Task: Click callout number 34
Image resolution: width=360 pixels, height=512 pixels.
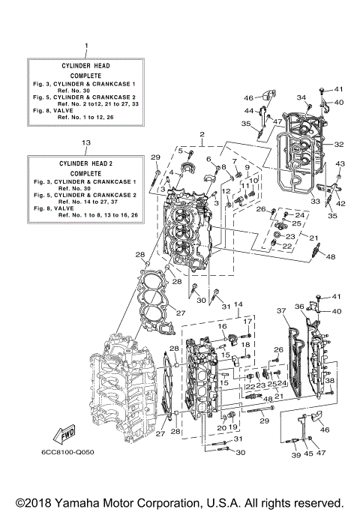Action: (300, 97)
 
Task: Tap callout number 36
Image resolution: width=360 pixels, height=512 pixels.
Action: (298, 306)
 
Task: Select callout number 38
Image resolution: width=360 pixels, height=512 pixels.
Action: (329, 380)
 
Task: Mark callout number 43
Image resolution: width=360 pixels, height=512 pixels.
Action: (339, 164)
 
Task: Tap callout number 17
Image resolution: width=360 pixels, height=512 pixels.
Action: (245, 321)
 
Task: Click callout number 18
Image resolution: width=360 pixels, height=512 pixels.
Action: (245, 343)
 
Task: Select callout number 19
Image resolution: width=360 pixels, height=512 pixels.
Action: (232, 427)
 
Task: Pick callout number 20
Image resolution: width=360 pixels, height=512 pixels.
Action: (221, 427)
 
